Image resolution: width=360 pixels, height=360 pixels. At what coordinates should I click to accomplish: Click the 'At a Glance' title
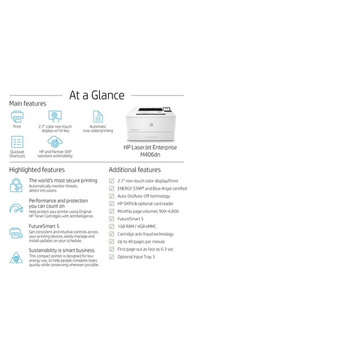click(x=97, y=95)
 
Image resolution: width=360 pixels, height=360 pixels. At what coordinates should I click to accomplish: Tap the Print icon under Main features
click(x=17, y=116)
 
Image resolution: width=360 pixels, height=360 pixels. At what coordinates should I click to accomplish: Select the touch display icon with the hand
click(x=55, y=116)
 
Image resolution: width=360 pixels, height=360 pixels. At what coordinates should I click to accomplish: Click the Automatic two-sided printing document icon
click(x=98, y=116)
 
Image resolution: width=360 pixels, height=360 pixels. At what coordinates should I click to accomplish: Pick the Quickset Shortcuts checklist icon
click(x=17, y=142)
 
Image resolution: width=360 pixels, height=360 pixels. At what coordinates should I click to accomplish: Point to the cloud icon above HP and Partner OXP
click(x=55, y=142)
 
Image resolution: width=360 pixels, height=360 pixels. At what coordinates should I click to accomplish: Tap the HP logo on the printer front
click(x=150, y=125)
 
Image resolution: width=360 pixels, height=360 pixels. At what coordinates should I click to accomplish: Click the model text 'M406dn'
click(x=150, y=154)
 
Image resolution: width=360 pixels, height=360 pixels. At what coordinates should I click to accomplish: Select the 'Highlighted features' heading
click(x=37, y=170)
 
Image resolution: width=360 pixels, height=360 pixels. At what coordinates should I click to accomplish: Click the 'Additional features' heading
click(x=135, y=170)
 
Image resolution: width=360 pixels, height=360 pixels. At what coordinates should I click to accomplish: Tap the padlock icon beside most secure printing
click(x=16, y=185)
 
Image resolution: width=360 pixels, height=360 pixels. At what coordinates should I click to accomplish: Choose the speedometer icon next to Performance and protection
click(x=16, y=208)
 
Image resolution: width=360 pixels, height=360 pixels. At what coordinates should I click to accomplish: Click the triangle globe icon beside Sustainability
click(x=16, y=258)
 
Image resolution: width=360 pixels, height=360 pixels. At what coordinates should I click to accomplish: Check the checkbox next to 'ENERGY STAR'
click(x=111, y=188)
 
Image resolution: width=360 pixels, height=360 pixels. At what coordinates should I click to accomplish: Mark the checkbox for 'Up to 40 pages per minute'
click(x=111, y=242)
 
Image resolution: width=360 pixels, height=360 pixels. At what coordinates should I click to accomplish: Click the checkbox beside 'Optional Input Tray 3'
click(x=111, y=257)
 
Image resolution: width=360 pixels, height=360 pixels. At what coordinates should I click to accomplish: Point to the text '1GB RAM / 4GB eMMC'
click(x=137, y=226)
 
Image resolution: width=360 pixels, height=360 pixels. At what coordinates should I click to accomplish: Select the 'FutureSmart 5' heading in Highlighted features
click(x=44, y=226)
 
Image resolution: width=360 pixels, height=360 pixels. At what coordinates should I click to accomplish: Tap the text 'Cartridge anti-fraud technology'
click(x=146, y=234)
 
